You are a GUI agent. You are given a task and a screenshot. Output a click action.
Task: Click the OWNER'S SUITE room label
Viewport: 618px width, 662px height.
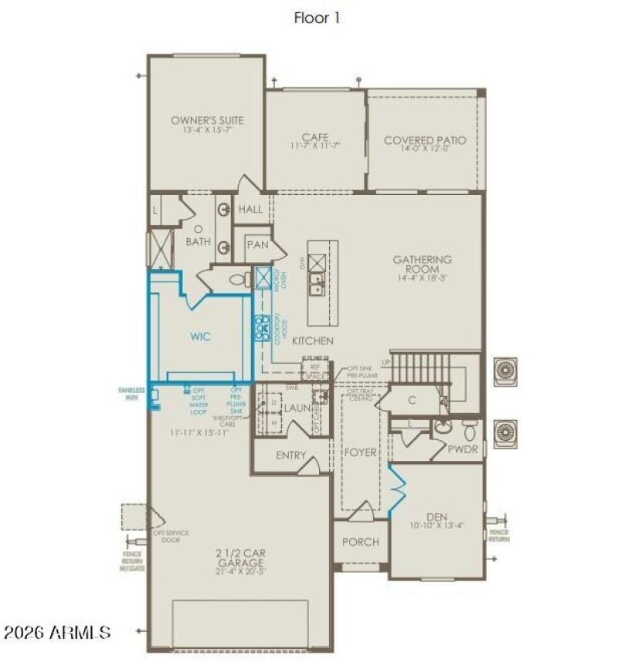[207, 121]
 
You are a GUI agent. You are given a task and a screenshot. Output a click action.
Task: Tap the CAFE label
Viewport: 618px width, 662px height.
[315, 138]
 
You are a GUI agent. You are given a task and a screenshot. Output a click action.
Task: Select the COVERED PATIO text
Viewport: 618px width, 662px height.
[425, 141]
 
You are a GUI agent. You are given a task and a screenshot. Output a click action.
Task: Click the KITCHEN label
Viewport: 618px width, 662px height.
[313, 341]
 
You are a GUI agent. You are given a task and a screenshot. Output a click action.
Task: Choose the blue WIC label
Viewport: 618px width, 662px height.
[201, 337]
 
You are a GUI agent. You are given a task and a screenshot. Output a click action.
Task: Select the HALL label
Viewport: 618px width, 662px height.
[250, 210]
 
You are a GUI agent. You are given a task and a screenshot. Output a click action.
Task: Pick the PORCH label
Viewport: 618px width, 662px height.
[361, 542]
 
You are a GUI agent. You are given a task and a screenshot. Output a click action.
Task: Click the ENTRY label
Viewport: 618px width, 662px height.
[290, 456]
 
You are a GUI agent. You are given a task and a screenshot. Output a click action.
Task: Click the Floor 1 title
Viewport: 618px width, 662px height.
[317, 18]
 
